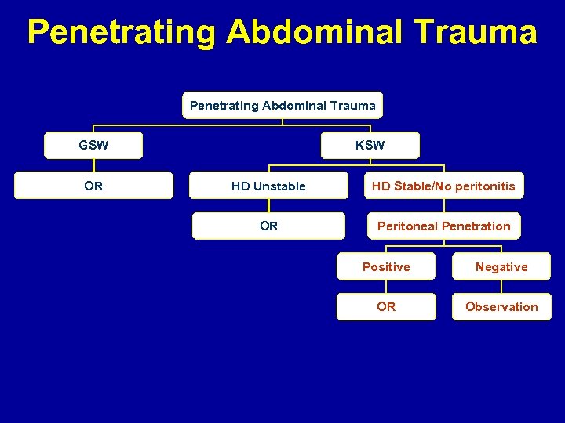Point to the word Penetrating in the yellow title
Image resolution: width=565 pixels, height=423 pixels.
click(122, 32)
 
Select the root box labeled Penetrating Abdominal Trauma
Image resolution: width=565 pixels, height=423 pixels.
click(282, 105)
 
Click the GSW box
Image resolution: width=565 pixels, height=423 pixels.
click(93, 146)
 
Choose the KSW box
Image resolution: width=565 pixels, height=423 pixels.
click(370, 146)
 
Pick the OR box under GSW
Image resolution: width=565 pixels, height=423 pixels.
click(93, 186)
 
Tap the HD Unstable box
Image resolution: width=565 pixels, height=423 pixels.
click(268, 186)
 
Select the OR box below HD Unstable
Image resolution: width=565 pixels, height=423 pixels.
click(268, 226)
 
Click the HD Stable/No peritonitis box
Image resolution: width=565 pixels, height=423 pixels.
click(443, 186)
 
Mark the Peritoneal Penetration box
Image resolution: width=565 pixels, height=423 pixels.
click(443, 226)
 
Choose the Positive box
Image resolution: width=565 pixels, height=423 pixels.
click(386, 267)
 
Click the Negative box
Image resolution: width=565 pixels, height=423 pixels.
click(501, 267)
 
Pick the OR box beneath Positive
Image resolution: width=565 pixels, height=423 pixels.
click(386, 307)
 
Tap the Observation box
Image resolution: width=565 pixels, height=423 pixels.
click(501, 307)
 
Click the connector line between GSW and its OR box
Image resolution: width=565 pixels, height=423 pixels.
click(93, 165)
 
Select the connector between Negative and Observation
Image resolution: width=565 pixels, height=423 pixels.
click(501, 287)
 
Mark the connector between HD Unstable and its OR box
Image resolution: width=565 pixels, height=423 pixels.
click(268, 206)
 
